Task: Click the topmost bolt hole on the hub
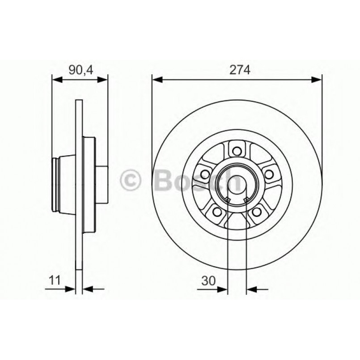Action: (x=237, y=151)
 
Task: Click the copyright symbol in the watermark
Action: (x=131, y=180)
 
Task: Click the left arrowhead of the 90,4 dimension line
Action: (x=56, y=80)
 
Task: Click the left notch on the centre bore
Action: (x=228, y=199)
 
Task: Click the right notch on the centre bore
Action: (x=246, y=199)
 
